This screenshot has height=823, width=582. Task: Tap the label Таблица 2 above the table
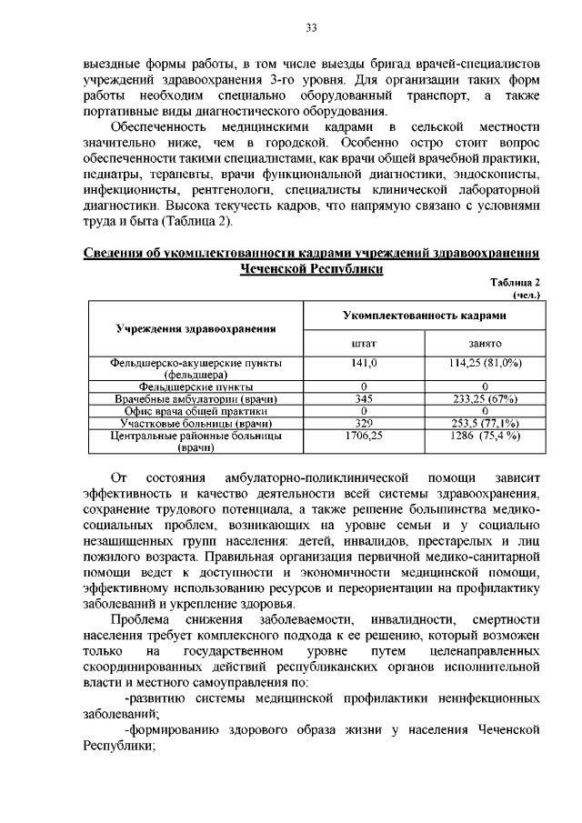pos(515,283)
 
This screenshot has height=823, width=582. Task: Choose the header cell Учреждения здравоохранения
pos(196,327)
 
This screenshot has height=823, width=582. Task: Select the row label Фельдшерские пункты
pos(196,386)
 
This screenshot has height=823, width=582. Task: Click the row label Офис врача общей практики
pos(196,411)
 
